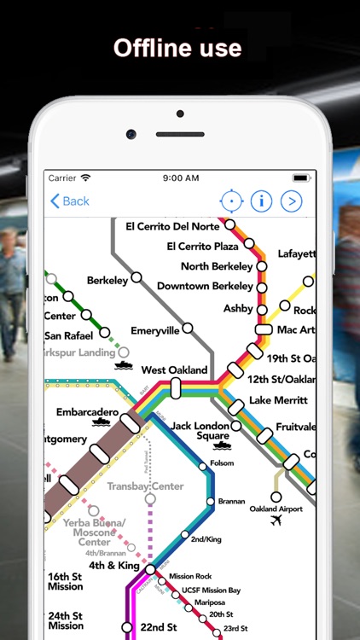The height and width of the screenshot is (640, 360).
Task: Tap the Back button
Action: pos(70,201)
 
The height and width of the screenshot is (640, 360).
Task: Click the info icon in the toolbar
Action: pos(260,201)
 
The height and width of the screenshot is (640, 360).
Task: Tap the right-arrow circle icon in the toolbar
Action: pos(292,201)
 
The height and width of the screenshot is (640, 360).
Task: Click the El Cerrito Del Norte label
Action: pos(174,226)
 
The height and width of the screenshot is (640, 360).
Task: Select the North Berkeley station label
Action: pos(217,266)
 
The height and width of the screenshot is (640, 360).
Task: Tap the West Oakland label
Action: pos(174,370)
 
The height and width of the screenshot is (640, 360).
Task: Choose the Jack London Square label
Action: pos(200,430)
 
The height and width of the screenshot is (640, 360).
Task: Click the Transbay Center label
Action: pos(145,486)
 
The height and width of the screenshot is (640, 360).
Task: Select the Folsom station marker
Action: pos(203,466)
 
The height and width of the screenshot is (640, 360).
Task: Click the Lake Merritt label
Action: pos(273,401)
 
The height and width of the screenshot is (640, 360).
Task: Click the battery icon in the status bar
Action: pos(300,177)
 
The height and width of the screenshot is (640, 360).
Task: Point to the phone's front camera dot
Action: pos(131,134)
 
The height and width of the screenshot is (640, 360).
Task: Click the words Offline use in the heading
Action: pos(178,48)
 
